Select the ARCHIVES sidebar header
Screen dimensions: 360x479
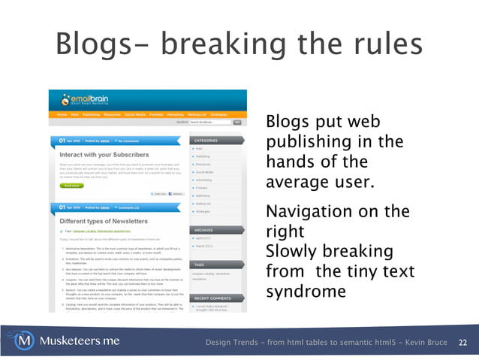205,230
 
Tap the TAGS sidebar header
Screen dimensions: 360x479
200,264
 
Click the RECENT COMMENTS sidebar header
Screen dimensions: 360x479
212,298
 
